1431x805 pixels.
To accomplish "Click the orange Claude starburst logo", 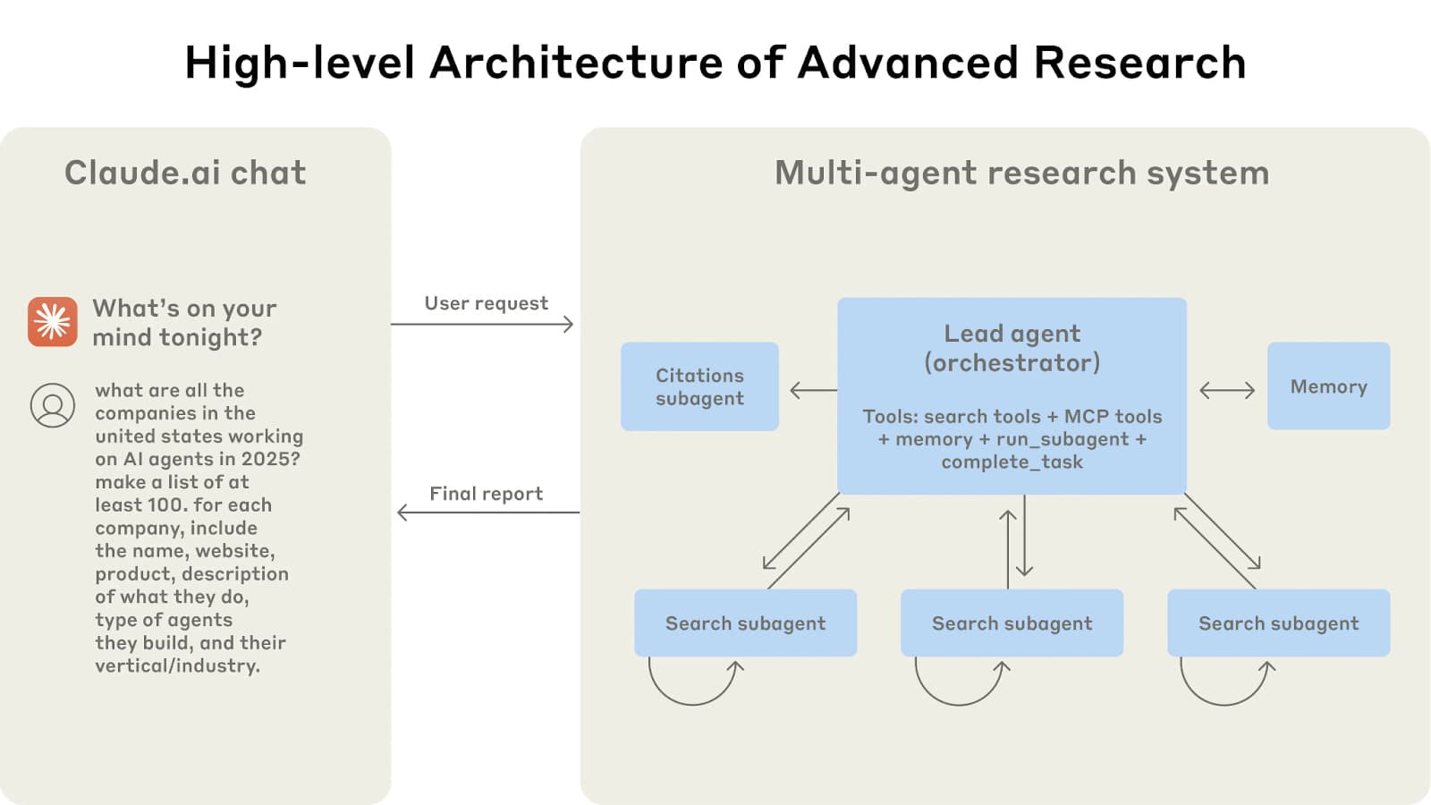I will click(52, 321).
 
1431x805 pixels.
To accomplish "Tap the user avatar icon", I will click(53, 405).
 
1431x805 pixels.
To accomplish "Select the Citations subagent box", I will click(699, 386).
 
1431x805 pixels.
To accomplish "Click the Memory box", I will click(1328, 386).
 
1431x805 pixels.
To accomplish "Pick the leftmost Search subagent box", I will click(745, 623).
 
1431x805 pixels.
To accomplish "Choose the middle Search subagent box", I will click(1012, 623).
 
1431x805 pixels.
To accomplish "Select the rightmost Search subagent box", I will click(1278, 623).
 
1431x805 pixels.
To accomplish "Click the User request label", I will click(486, 303).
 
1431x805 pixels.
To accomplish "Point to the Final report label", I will click(486, 494).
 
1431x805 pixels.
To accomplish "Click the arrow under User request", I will click(483, 324).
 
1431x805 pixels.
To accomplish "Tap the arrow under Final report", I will click(488, 513).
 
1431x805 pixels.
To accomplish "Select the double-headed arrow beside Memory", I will click(1227, 390).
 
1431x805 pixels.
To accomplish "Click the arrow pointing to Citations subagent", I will click(813, 390).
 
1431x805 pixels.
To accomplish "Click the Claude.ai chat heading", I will click(185, 173).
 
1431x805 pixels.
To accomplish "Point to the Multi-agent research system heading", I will click(1021, 173).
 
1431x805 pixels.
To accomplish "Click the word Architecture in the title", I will click(576, 63).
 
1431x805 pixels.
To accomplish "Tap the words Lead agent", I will click(1012, 334).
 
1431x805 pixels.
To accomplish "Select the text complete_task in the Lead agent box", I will click(1012, 462).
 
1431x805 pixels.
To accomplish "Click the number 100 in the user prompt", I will click(165, 504).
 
